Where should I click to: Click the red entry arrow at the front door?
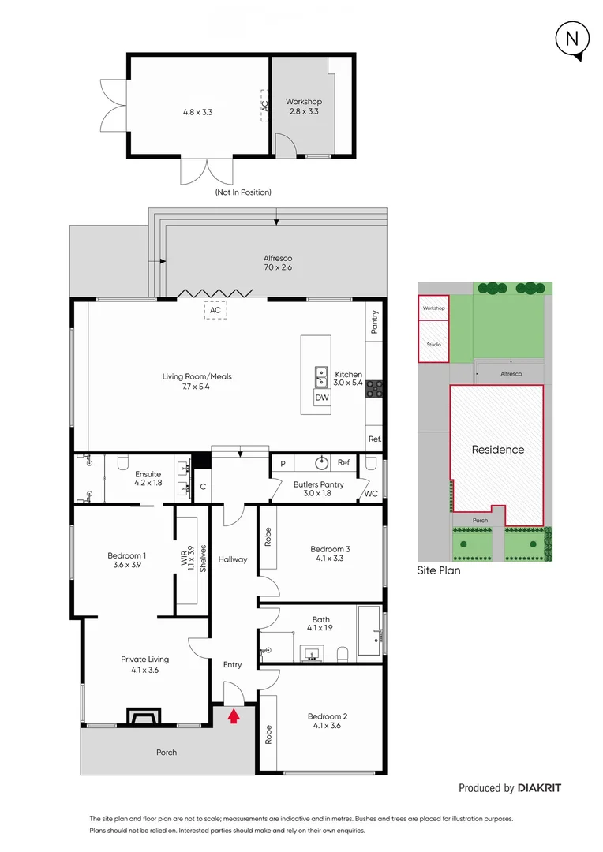click(x=233, y=716)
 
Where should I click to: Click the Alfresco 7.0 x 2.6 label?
click(x=278, y=263)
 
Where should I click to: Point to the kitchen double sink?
click(x=321, y=377)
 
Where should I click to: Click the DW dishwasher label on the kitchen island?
click(x=321, y=398)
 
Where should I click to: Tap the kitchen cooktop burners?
click(x=374, y=388)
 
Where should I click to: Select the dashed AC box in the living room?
click(x=215, y=310)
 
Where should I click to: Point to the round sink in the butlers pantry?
click(x=321, y=463)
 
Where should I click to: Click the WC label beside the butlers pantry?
click(x=370, y=494)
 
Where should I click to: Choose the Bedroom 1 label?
click(x=126, y=561)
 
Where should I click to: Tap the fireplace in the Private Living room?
click(x=143, y=716)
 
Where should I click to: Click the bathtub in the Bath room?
click(x=369, y=630)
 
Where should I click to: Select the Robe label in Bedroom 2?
click(x=268, y=735)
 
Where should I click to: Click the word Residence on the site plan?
click(x=497, y=450)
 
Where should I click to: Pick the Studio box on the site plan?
click(x=433, y=344)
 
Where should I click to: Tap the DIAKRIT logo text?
click(x=539, y=788)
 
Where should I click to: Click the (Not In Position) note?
click(x=242, y=192)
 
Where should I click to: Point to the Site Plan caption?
click(x=438, y=570)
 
